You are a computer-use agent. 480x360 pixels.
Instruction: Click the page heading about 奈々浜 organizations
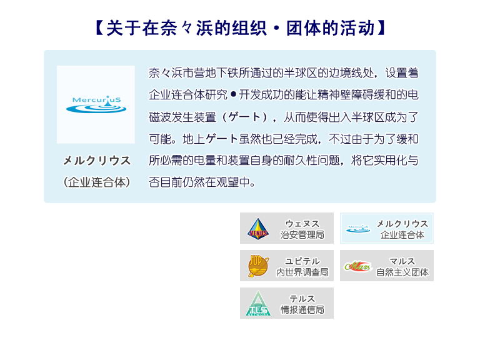pos(240,28)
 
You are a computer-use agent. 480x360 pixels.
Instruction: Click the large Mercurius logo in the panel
pos(96,104)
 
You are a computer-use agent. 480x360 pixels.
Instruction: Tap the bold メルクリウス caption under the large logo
pos(97,161)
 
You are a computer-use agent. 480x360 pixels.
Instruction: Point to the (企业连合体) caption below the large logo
pos(97,182)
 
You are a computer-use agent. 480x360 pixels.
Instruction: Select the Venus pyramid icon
pos(258,229)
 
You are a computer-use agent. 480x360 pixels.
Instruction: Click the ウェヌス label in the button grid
pos(302,224)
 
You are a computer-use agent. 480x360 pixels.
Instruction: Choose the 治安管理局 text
pos(302,235)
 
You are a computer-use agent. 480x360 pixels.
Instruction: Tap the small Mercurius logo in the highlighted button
pos(358,229)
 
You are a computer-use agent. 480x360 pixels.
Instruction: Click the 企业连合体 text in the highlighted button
pos(402,235)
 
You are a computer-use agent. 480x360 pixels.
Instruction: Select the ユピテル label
pos(302,261)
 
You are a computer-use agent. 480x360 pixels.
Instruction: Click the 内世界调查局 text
pos(302,272)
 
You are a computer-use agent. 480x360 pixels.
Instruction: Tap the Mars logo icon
pos(357,266)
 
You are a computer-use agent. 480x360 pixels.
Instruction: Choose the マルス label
pos(402,261)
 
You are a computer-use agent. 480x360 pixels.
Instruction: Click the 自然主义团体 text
pos(402,272)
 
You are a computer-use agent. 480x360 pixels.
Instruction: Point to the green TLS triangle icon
pos(258,303)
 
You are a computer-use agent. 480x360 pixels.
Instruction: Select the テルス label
pos(302,299)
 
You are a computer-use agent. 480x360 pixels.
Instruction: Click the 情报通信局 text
pos(302,309)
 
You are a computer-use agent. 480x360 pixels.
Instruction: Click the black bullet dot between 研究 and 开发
pos(233,94)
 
